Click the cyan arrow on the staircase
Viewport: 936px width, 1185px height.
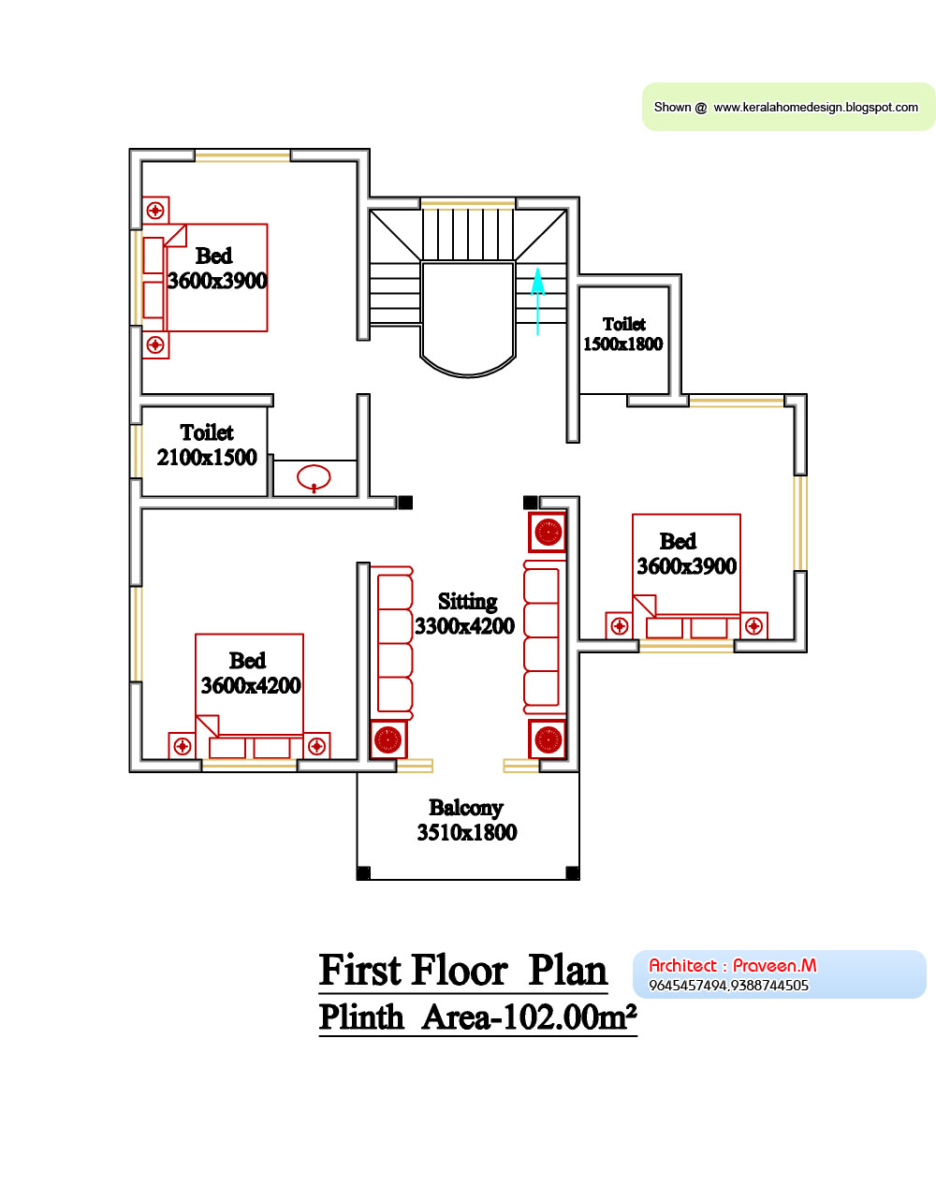coord(538,300)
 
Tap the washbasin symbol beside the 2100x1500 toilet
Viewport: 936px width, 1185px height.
coord(314,477)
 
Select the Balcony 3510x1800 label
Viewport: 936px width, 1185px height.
coord(466,820)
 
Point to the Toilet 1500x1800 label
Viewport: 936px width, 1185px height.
coord(623,334)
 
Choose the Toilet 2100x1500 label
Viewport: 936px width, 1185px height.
coord(207,446)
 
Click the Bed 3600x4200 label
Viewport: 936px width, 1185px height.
coord(250,673)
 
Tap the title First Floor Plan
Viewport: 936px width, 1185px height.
coord(463,971)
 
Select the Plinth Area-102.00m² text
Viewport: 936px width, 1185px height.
coord(477,1017)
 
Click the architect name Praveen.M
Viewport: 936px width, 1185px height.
coord(774,965)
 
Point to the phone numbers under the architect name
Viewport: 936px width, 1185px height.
coord(728,986)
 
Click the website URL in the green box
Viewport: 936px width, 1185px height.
coord(815,108)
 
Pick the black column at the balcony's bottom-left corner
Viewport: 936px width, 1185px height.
coord(364,873)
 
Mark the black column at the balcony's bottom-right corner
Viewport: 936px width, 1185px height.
coord(572,873)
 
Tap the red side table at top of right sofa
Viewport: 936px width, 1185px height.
coord(548,533)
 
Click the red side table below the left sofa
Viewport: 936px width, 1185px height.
coord(388,739)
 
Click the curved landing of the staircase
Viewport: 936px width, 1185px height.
coord(468,318)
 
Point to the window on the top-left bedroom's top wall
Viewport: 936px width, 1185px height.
coord(242,155)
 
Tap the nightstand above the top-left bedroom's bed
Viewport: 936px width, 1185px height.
coord(155,211)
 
